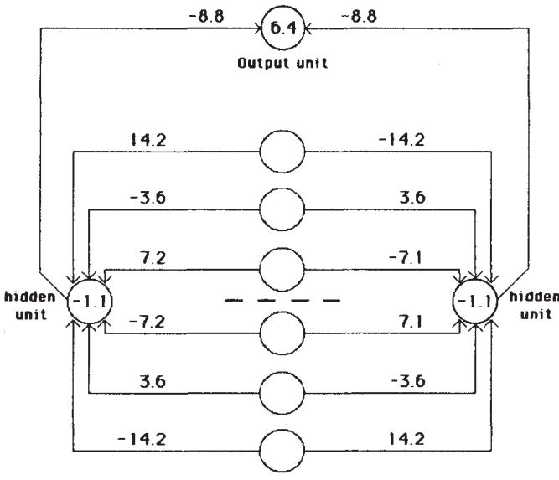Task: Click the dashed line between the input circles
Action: point(283,299)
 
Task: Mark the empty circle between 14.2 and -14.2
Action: point(282,153)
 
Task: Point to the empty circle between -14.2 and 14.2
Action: point(282,446)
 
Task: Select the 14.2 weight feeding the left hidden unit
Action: point(149,138)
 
